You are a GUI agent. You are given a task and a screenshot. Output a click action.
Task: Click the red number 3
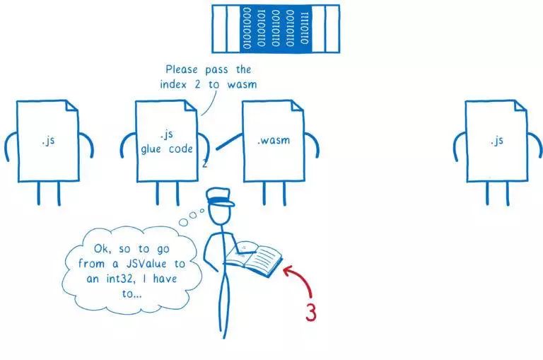pos(311,311)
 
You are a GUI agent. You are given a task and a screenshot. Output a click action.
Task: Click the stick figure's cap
pos(220,197)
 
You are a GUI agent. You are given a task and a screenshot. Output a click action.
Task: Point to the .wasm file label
pos(273,140)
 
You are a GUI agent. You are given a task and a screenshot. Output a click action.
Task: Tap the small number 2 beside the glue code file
pos(204,164)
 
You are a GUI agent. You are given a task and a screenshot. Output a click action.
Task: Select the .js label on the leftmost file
pos(48,140)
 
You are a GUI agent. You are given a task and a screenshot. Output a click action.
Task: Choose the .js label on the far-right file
pos(496,140)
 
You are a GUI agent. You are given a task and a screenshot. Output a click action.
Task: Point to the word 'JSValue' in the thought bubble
pos(147,263)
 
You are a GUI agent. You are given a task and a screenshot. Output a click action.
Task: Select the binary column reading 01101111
pos(304,29)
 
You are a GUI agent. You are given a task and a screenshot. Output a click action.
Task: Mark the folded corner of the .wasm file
pos(298,107)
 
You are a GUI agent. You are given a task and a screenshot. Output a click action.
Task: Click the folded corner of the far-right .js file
pos(521,107)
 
